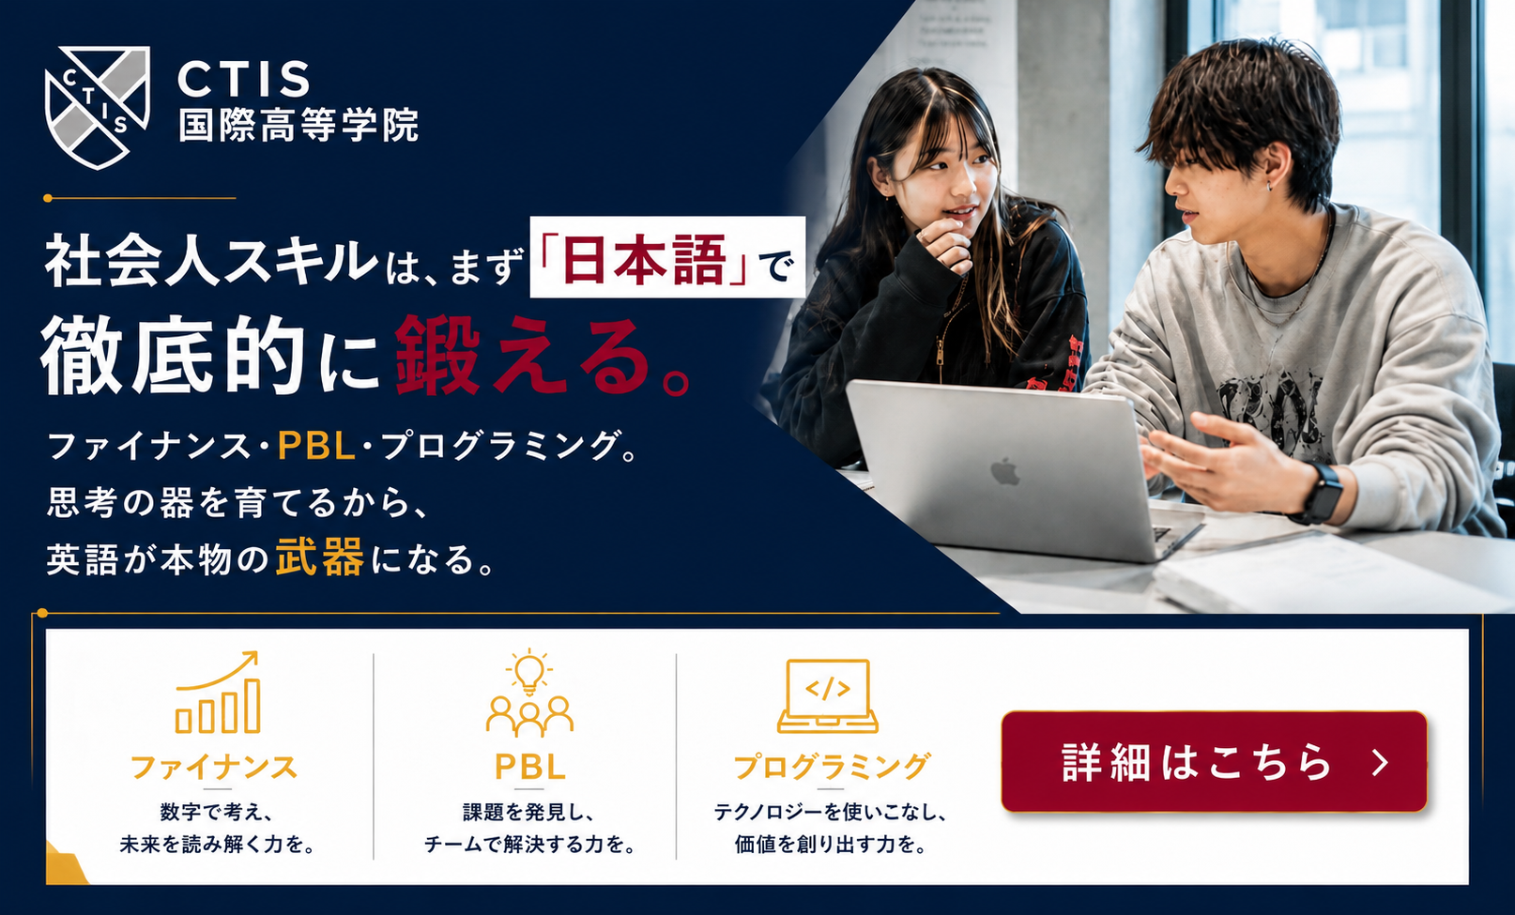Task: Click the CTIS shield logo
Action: [x=97, y=107]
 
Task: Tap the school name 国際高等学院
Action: [x=298, y=125]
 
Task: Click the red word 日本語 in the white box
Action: [x=644, y=258]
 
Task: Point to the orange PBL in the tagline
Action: [x=316, y=446]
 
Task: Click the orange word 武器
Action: [x=320, y=557]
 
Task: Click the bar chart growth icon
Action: [x=218, y=692]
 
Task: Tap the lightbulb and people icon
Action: [x=529, y=693]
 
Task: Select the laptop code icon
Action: [x=828, y=696]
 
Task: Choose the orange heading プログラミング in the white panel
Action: [x=832, y=767]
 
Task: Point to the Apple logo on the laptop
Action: [x=1005, y=471]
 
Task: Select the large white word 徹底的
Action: [x=174, y=355]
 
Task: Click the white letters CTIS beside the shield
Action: [x=244, y=79]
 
